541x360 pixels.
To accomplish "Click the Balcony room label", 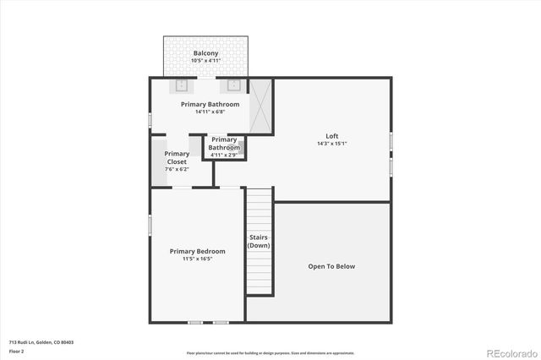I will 205,53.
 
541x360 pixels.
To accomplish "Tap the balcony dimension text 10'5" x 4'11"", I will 205,61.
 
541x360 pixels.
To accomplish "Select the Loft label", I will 332,136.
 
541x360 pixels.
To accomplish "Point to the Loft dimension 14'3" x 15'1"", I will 332,144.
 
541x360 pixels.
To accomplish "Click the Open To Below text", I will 331,266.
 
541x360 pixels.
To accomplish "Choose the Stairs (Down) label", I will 259,241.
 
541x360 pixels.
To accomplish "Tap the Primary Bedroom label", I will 197,251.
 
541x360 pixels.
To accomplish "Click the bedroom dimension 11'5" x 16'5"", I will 197,259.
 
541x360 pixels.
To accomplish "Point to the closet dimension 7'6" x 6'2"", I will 177,169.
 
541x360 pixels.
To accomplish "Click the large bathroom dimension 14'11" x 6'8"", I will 210,112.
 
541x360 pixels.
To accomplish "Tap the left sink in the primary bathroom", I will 182,85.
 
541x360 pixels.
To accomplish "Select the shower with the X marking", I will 261,106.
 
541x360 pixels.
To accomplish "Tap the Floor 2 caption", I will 17,350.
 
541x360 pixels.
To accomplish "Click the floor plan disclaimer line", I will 270,352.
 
